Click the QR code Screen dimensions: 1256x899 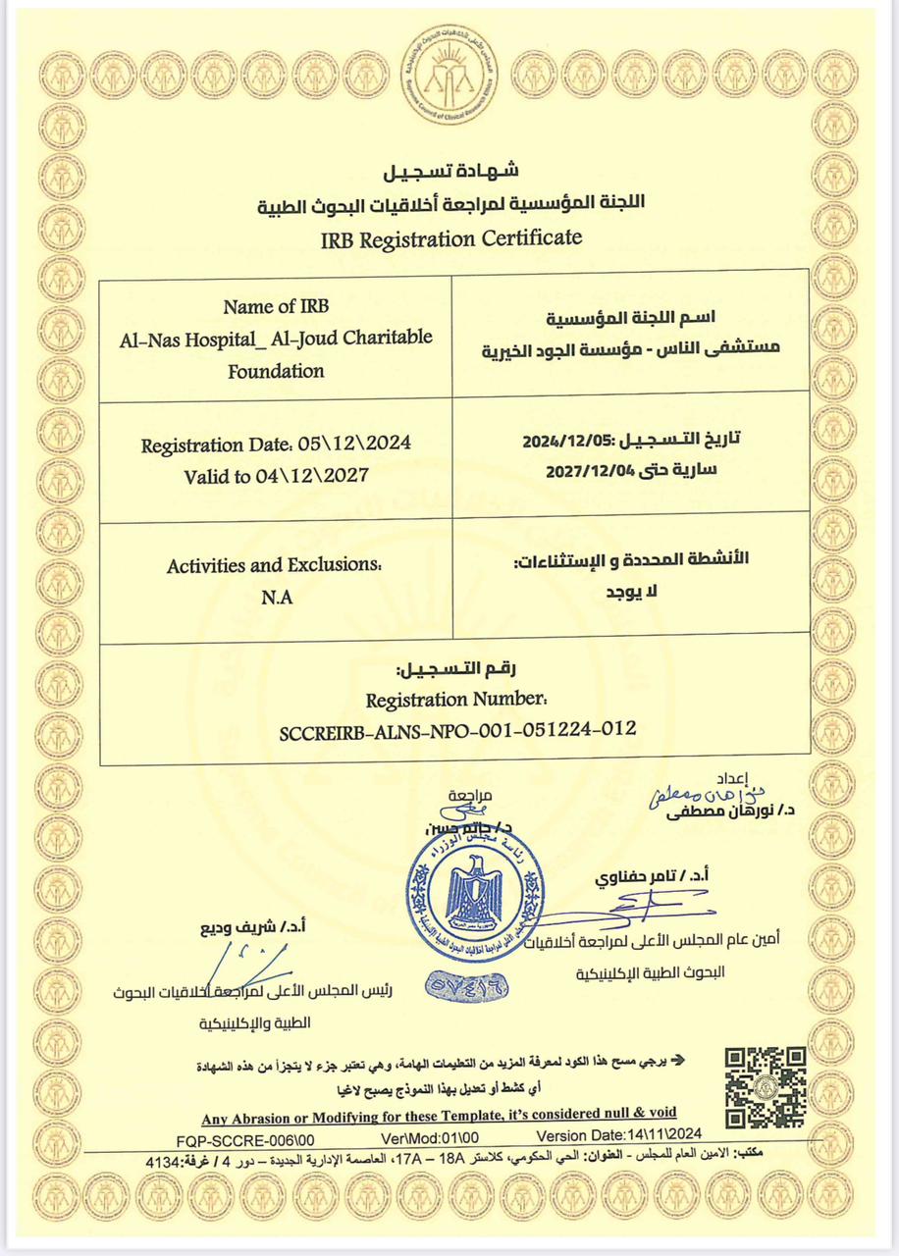coord(765,1086)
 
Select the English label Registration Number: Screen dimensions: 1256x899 coord(455,700)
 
